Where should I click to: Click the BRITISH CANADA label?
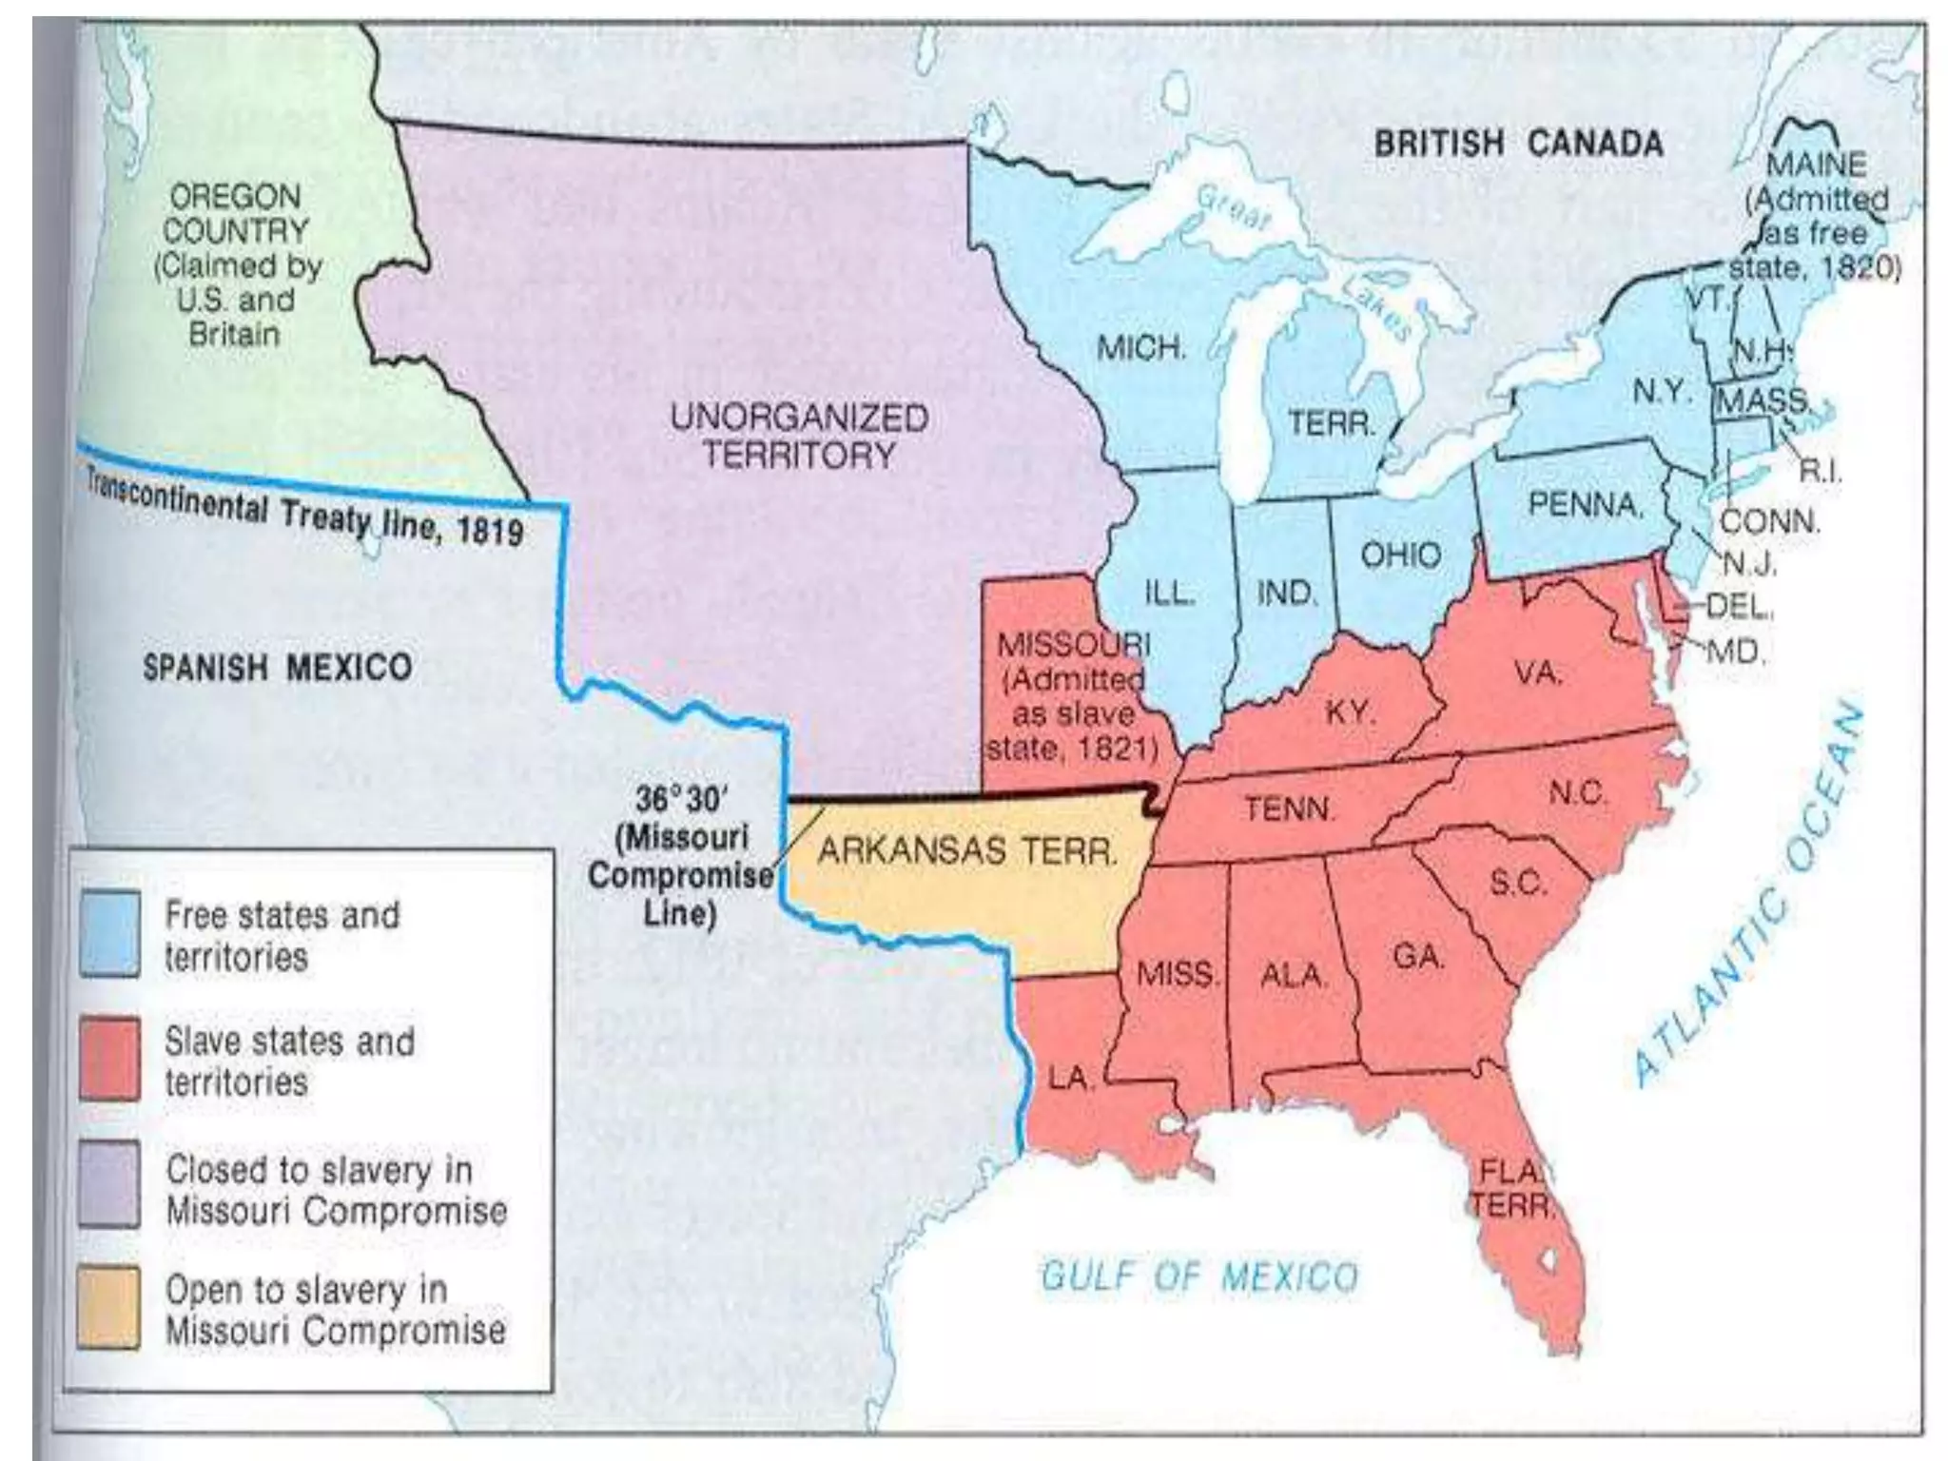(1518, 145)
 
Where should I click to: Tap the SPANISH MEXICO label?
(278, 667)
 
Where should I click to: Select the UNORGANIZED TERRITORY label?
(799, 436)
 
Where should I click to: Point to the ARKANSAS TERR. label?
(967, 849)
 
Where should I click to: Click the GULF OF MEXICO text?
(1199, 1276)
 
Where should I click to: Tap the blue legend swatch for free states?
(109, 933)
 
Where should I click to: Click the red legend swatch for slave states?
(109, 1059)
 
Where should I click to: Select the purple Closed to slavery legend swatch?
(109, 1185)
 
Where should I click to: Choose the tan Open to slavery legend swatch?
(109, 1307)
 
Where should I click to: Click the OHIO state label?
(1400, 555)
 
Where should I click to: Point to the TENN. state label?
(1290, 808)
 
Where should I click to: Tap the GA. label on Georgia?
(1418, 955)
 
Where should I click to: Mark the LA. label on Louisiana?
(1071, 1079)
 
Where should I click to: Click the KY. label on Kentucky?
(1351, 711)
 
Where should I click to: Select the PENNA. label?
(1585, 503)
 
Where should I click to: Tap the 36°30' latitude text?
(679, 799)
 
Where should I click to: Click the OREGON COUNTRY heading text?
(235, 213)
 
